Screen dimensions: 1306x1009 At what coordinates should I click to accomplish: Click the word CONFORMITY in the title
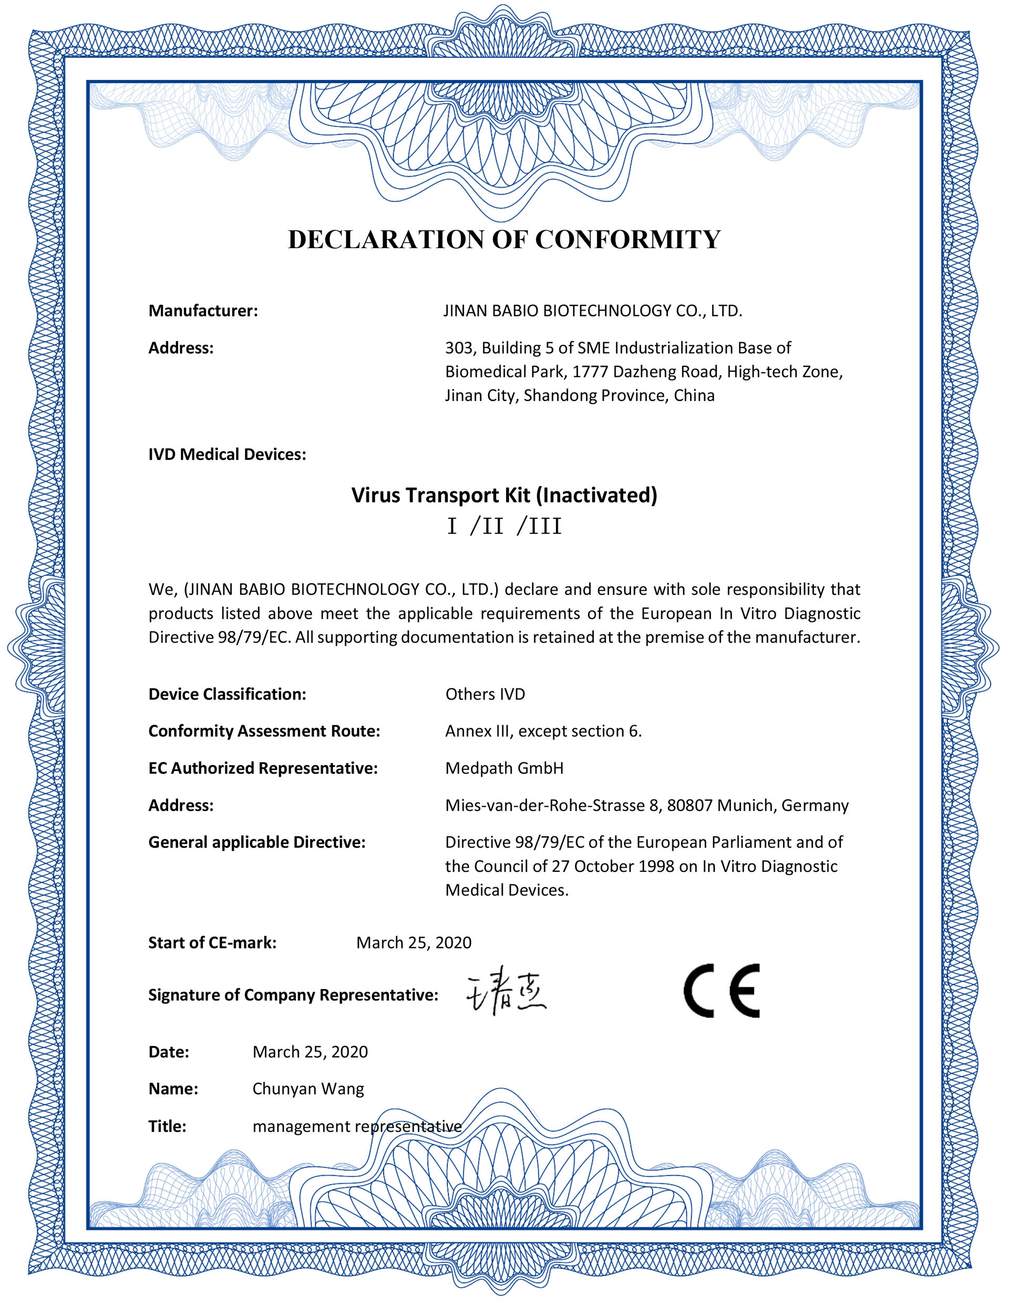[x=627, y=240]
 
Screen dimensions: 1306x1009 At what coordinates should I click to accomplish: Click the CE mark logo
[x=722, y=990]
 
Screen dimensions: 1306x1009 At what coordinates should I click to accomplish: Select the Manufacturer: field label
[x=203, y=311]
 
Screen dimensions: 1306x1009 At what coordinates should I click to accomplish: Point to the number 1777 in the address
[x=590, y=372]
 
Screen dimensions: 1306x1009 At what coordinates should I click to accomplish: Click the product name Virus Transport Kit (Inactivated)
[x=504, y=495]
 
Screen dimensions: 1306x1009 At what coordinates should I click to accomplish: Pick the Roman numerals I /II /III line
[x=504, y=527]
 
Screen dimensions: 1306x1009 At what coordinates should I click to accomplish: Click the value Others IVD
[x=485, y=694]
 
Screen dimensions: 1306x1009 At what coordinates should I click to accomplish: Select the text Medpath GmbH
[x=504, y=768]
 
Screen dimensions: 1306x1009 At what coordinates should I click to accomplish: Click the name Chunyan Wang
[x=308, y=1089]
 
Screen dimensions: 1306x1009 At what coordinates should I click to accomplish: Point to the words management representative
[x=357, y=1127]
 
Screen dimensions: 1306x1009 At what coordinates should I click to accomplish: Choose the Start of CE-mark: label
[x=212, y=943]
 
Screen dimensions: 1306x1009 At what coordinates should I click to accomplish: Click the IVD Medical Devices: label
[x=227, y=455]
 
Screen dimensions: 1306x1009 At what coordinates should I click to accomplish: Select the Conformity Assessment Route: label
[x=264, y=732]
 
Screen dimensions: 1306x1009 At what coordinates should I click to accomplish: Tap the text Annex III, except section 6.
[x=543, y=732]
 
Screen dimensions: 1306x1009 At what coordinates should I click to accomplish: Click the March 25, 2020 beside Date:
[x=310, y=1052]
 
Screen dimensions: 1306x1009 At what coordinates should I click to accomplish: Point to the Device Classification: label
[x=227, y=694]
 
